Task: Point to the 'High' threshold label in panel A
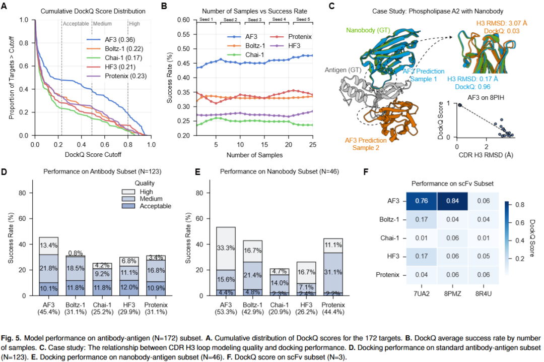point(134,23)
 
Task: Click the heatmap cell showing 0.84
point(451,201)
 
